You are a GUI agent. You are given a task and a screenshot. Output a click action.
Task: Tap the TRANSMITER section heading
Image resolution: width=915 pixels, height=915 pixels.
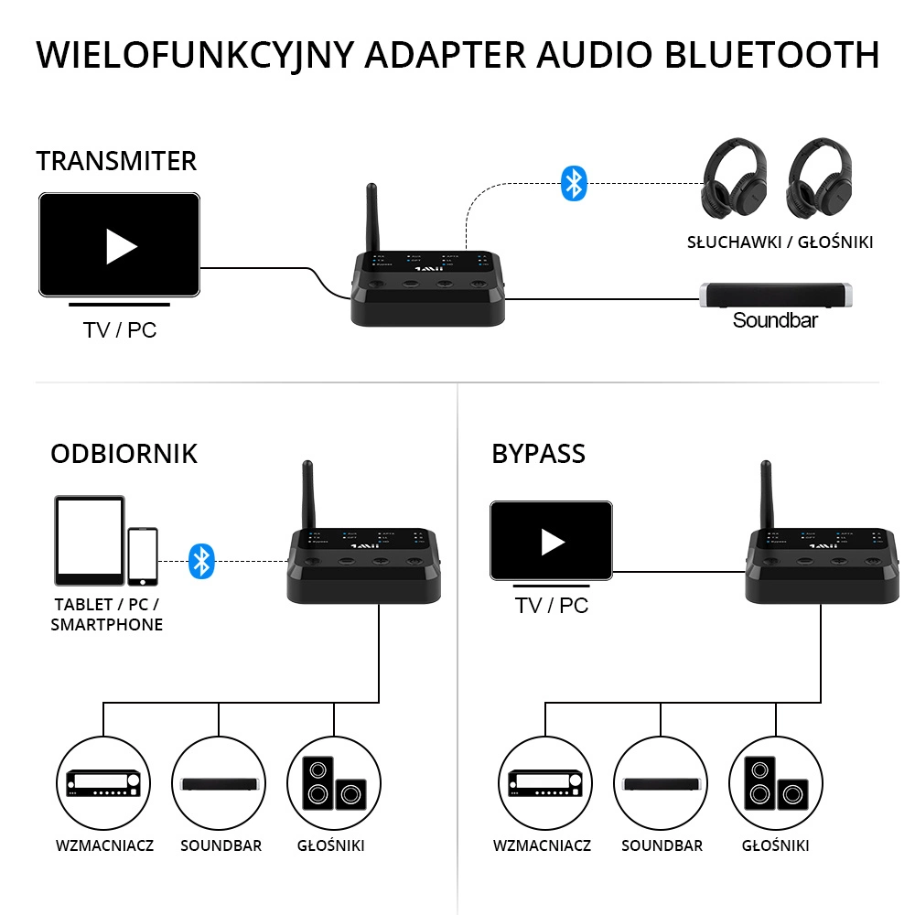coord(116,161)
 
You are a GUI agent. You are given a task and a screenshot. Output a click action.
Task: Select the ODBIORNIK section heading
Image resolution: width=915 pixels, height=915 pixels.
coord(124,454)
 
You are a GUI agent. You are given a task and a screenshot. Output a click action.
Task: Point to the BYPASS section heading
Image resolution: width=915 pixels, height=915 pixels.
coord(538,454)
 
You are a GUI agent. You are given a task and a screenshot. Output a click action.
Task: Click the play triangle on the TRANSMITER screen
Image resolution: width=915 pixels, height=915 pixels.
coord(121,245)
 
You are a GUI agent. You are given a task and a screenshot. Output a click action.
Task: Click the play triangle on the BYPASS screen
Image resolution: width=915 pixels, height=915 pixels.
coord(552,542)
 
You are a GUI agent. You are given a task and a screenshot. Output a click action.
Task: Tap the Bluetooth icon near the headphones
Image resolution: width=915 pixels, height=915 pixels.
coord(573,184)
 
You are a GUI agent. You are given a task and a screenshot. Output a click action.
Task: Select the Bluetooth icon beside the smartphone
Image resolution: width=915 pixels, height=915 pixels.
coord(201,561)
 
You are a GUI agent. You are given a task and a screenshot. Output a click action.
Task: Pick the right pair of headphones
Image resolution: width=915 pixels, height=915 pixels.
coord(821,180)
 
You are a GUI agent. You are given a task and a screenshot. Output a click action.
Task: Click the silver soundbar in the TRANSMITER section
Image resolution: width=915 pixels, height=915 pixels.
coord(777,296)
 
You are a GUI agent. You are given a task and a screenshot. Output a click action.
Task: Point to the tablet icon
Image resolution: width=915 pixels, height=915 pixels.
coord(89,541)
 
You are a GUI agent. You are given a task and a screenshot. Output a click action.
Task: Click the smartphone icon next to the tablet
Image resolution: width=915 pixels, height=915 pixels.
coord(142,556)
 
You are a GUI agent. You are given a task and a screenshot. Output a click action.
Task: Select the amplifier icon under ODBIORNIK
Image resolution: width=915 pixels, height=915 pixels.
coord(102,781)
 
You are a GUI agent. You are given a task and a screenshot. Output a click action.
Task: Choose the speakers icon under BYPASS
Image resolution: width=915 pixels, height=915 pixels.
coord(775,781)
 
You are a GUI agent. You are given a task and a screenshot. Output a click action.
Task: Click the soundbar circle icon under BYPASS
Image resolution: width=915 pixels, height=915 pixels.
coord(661,781)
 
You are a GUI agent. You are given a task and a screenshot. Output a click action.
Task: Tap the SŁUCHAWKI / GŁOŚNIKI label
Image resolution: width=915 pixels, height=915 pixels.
coord(780,242)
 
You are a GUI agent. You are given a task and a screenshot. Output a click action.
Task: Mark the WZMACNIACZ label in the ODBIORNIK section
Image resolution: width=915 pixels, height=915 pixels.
coord(102,845)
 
